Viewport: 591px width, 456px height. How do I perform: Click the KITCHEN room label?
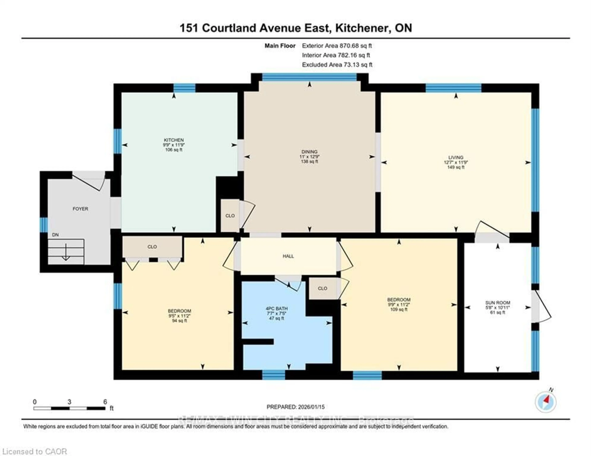174,140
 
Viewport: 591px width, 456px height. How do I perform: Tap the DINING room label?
309,152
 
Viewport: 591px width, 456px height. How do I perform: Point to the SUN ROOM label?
498,303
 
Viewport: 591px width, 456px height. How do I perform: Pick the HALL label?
288,256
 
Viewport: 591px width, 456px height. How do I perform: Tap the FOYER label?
80,209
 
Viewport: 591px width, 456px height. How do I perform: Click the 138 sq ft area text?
309,162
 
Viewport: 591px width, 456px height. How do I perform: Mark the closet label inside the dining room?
230,216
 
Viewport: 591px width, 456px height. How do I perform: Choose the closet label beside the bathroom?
323,288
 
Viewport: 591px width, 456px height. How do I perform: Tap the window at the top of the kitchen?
184,88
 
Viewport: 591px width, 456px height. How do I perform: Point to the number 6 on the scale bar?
105,402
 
